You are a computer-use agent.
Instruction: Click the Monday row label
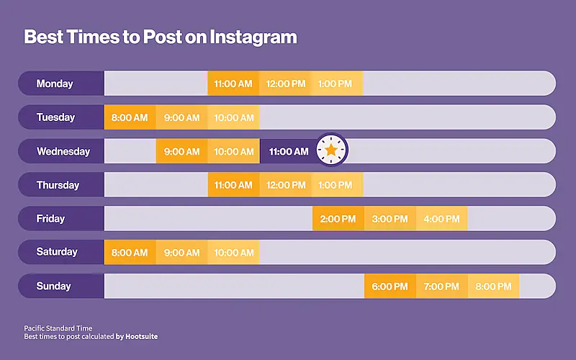[55, 84]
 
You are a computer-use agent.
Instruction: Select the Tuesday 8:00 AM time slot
[130, 117]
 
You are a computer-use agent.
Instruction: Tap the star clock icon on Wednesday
[330, 150]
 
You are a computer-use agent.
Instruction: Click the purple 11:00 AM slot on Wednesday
[288, 151]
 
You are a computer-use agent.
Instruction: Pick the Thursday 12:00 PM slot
[286, 185]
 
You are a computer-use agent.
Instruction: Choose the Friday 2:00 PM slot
[338, 219]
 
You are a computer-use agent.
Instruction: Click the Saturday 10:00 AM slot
[234, 253]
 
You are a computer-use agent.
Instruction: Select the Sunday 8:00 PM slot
[493, 287]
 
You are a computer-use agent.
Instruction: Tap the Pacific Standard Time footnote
[58, 328]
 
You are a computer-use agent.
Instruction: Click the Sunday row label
[54, 287]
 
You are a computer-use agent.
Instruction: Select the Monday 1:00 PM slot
[336, 84]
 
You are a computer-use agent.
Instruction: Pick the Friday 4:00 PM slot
[441, 219]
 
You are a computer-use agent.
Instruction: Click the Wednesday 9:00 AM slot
[182, 151]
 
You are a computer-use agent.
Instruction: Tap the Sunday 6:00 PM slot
[390, 287]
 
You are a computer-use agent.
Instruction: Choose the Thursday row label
[58, 185]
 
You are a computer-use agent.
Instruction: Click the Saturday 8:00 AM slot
[130, 253]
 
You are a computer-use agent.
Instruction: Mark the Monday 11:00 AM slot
[233, 84]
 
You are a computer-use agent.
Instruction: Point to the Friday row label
[50, 219]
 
